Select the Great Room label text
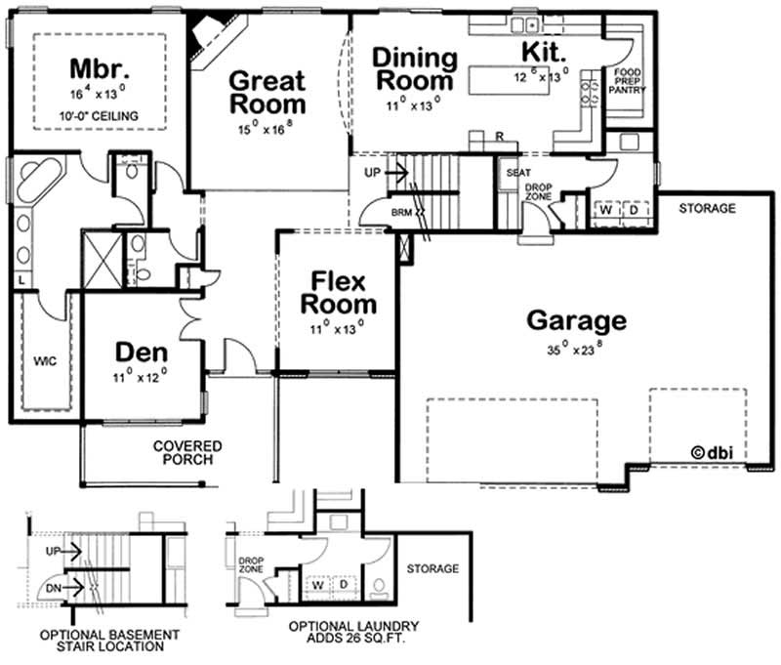[x=267, y=93]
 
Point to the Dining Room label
[x=415, y=68]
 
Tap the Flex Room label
[x=337, y=294]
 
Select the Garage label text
[x=576, y=320]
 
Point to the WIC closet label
[x=45, y=361]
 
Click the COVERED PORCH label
[x=186, y=452]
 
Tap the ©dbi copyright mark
[x=712, y=451]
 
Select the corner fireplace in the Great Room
[x=208, y=36]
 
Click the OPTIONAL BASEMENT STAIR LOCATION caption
[x=109, y=640]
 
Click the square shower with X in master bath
[x=102, y=260]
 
